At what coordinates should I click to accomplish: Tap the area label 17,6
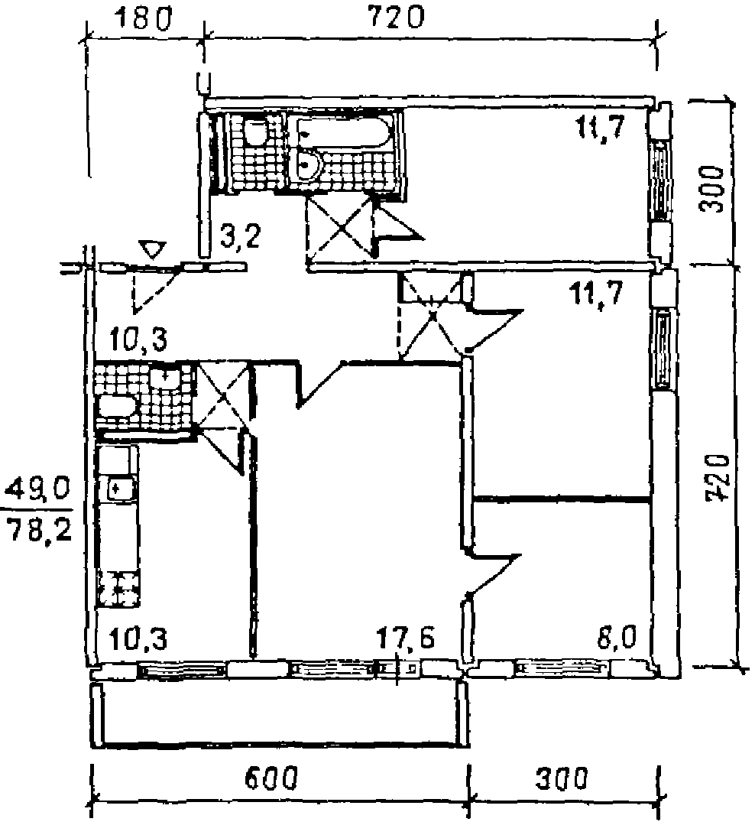coord(405,637)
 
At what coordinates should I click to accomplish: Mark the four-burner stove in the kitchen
coord(118,589)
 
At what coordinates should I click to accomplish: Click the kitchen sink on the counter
coord(118,487)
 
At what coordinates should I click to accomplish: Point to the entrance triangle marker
coord(154,249)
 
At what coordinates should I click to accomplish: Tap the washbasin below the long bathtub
coord(309,164)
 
